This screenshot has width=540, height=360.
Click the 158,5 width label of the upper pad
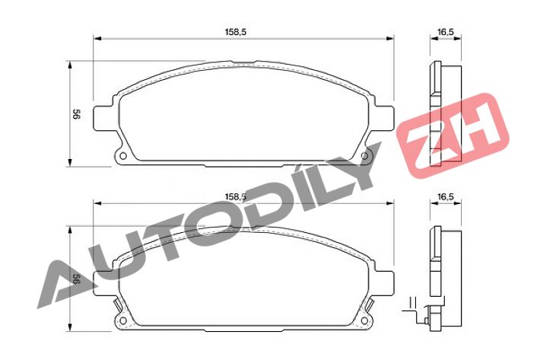236,32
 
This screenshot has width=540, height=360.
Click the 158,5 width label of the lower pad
236,196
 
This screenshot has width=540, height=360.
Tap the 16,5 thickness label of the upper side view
446,32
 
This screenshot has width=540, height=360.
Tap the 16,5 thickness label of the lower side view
446,196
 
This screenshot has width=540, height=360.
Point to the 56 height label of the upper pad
76,114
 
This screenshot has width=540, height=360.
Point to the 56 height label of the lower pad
76,279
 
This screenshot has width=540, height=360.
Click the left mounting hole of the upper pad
122,156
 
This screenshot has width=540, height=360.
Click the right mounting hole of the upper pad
364,156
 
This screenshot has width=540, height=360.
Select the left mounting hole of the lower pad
122,320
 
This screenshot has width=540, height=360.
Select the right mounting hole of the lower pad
364,320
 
